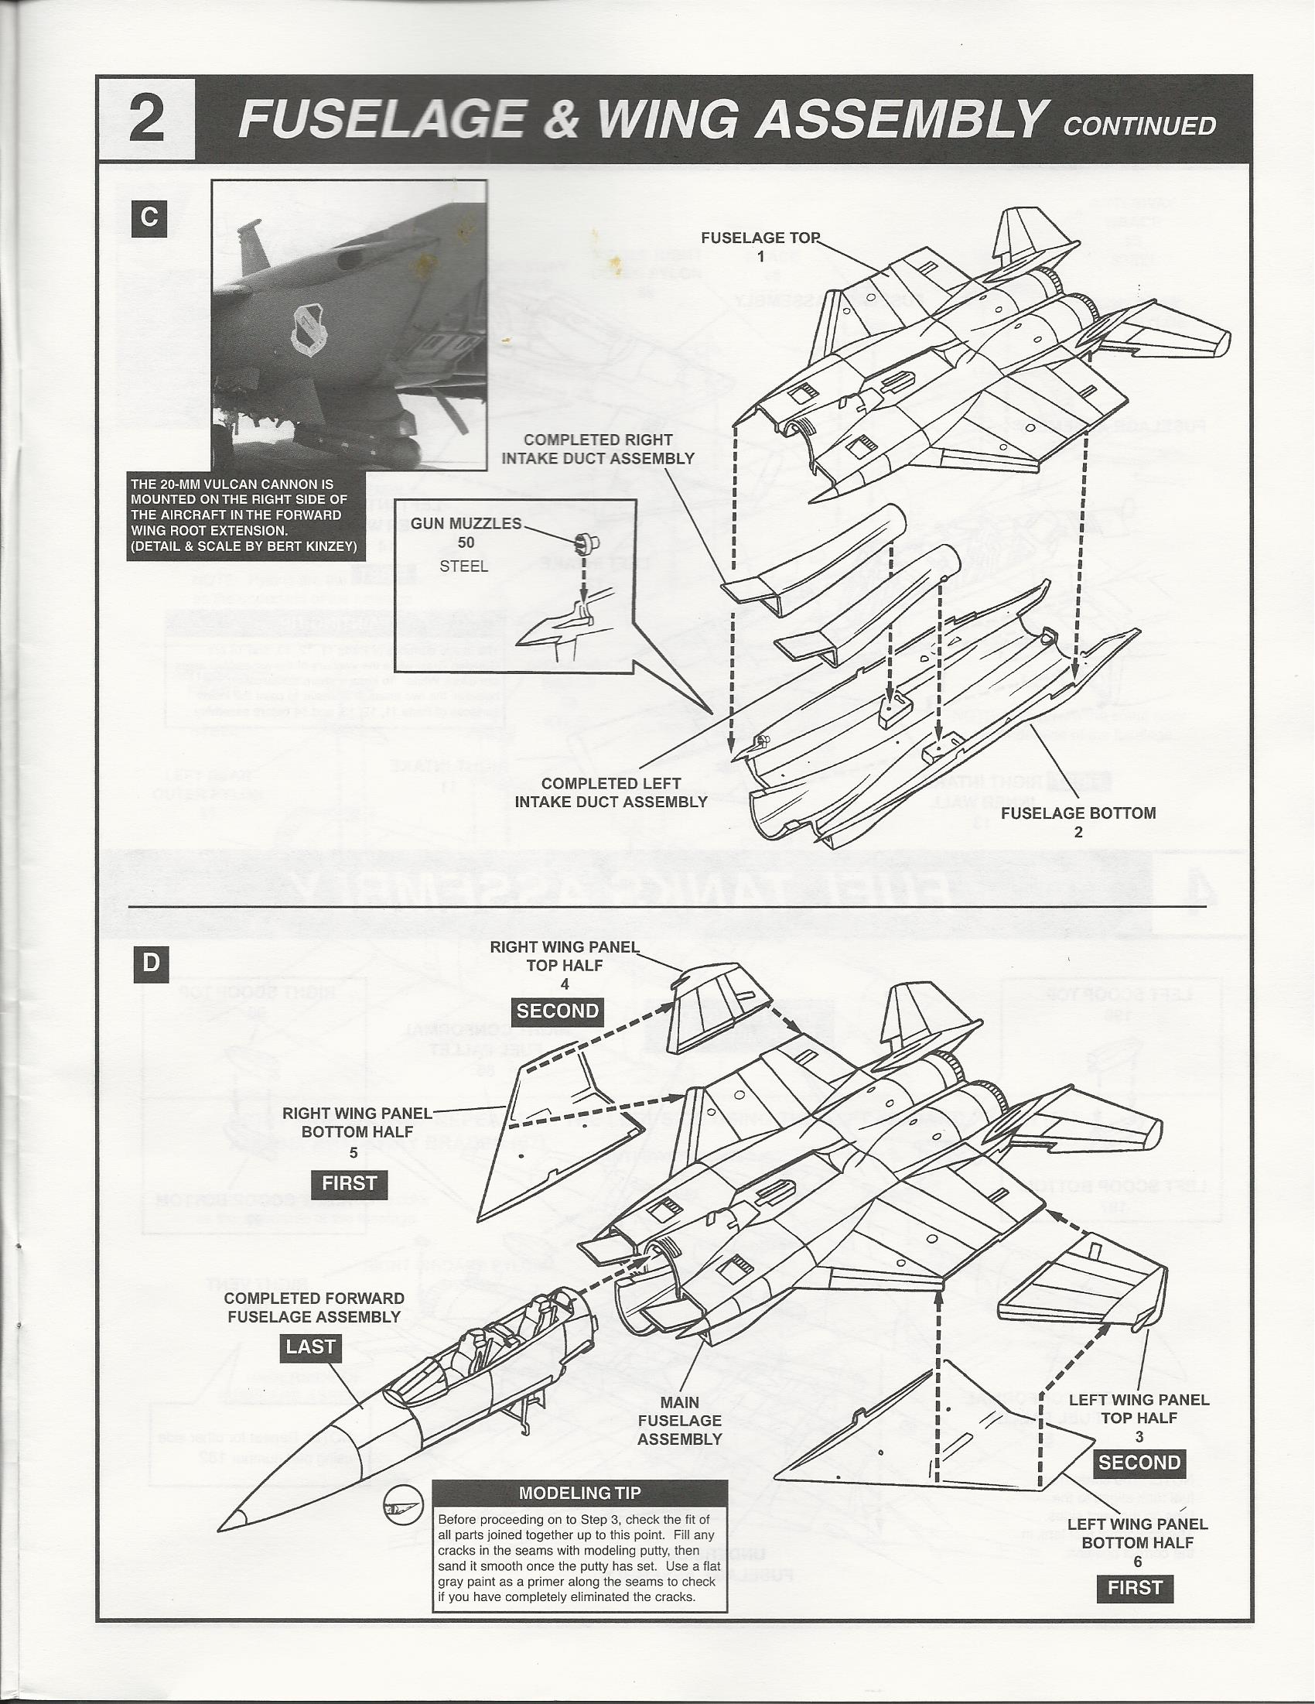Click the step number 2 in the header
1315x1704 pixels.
click(146, 119)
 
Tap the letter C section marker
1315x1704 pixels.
click(149, 217)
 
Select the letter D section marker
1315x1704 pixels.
click(151, 962)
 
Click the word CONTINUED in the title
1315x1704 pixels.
click(1138, 126)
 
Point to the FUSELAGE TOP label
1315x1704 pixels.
click(760, 238)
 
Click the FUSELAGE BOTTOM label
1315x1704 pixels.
click(1078, 813)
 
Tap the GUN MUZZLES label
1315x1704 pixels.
click(466, 524)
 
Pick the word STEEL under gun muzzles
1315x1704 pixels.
click(463, 566)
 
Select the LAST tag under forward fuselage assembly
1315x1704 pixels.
click(310, 1346)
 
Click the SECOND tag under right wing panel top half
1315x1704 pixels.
click(557, 1011)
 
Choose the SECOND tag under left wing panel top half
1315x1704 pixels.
click(1139, 1462)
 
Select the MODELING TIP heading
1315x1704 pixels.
click(579, 1494)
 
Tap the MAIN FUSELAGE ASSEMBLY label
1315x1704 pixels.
click(679, 1420)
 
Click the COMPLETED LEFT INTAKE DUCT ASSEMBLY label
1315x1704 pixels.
click(611, 792)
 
